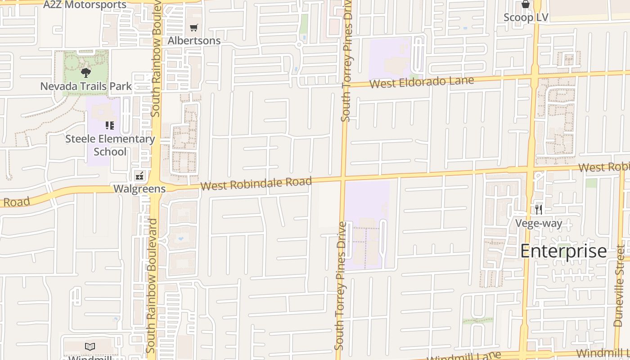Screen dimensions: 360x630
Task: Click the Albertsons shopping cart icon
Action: click(194, 28)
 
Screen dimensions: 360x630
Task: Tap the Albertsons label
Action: click(194, 40)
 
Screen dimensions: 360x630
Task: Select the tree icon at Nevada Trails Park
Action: click(86, 72)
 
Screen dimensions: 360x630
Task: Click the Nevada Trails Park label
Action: click(86, 86)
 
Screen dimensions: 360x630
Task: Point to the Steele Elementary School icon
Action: click(110, 126)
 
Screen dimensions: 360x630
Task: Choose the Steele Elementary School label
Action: click(110, 145)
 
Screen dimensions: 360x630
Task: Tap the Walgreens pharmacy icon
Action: click(139, 175)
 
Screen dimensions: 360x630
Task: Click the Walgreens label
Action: click(139, 189)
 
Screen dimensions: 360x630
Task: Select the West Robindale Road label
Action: click(256, 184)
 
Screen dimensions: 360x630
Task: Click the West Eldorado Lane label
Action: click(422, 82)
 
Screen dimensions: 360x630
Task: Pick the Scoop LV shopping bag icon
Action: click(525, 4)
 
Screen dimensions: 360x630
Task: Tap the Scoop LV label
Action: click(526, 18)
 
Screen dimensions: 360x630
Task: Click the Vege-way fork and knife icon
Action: click(539, 210)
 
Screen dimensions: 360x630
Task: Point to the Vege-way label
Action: click(539, 223)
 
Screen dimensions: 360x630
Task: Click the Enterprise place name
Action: click(563, 251)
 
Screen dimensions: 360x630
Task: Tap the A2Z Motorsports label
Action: click(85, 5)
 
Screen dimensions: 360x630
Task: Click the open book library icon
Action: click(90, 346)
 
